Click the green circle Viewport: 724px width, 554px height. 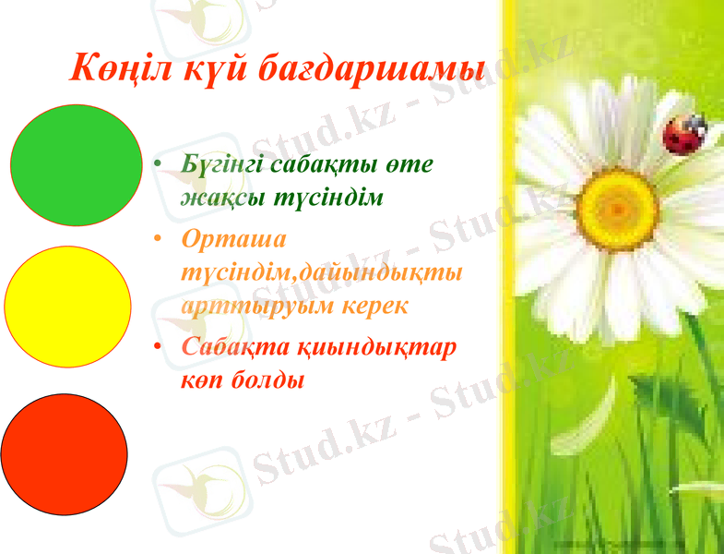pyautogui.click(x=76, y=165)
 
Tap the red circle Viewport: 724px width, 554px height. pyautogui.click(x=64, y=453)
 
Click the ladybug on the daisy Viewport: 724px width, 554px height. pyautogui.click(x=682, y=134)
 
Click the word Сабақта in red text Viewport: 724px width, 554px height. pyautogui.click(x=234, y=347)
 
